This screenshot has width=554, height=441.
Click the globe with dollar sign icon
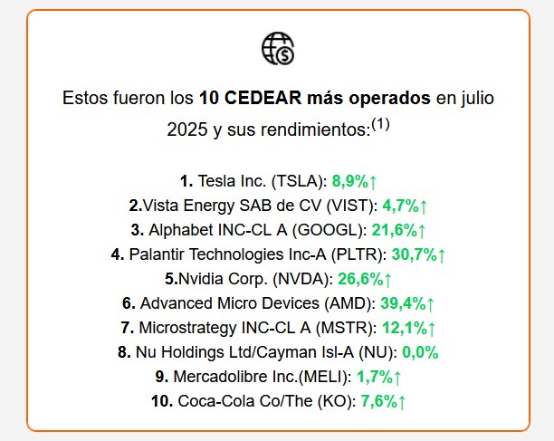(x=277, y=49)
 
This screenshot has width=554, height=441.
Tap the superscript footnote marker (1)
(x=380, y=125)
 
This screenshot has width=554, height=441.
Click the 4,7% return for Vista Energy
(x=399, y=205)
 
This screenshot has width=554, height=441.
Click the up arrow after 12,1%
(x=432, y=328)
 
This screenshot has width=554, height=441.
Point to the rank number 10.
(x=161, y=401)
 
